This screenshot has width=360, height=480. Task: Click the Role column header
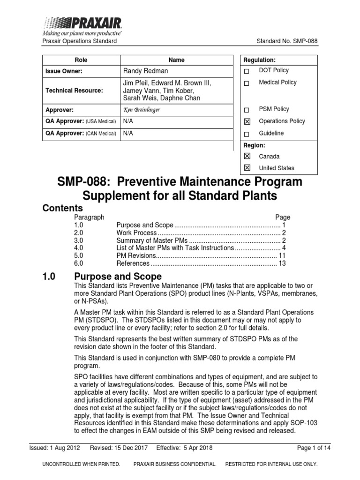coord(81,60)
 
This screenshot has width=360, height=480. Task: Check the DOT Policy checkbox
coord(247,71)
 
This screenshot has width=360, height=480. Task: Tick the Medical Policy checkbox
coord(247,83)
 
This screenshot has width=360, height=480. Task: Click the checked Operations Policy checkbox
coord(247,122)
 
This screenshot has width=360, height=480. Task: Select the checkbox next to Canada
coord(247,157)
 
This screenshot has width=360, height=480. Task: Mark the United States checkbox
coord(247,168)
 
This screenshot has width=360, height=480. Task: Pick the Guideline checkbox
coord(247,134)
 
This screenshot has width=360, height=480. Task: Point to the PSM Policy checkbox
coord(247,110)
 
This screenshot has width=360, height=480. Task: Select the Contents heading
coord(63,208)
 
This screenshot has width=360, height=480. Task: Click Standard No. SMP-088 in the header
coord(287,41)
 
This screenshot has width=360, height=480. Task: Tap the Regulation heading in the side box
coord(259,60)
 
